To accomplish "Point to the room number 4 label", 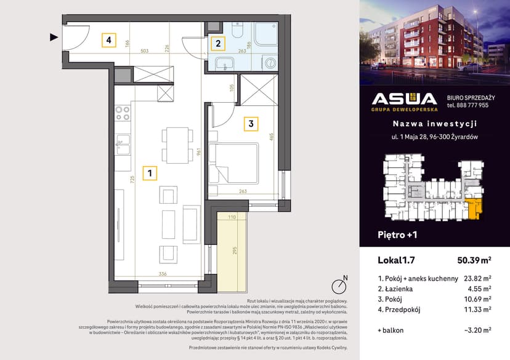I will (x=108, y=41).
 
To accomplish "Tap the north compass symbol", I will (x=338, y=286).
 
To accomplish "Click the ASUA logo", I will (x=404, y=101).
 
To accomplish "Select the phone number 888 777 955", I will (x=467, y=105).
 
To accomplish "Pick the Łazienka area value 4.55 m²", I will (x=479, y=288).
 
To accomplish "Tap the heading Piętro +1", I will (x=397, y=234).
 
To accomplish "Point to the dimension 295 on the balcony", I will (x=235, y=250).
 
